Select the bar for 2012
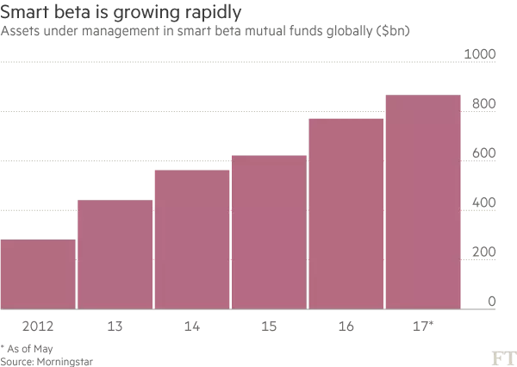(x=38, y=273)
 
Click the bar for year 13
(x=115, y=253)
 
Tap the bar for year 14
(x=192, y=239)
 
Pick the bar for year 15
(x=269, y=231)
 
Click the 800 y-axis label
(x=483, y=104)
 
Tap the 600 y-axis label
(x=483, y=153)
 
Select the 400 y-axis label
(x=483, y=203)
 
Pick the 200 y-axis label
(x=483, y=252)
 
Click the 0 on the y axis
(x=490, y=302)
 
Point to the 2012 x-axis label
(x=38, y=327)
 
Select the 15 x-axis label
(x=269, y=327)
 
